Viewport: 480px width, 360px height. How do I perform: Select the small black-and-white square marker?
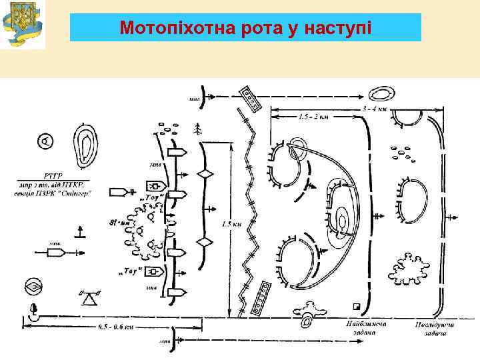click(357, 306)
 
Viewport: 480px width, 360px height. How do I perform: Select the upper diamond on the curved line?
click(206, 173)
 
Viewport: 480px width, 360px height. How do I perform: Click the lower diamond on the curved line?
click(206, 241)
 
